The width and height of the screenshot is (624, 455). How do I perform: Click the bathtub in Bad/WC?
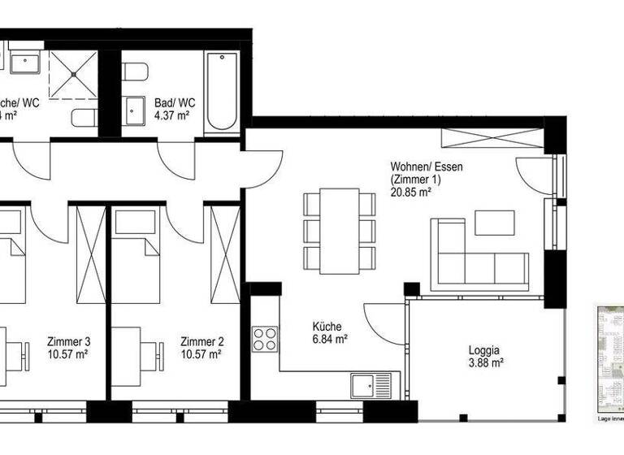[x=220, y=92]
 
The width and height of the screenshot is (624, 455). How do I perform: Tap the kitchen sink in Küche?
[x=370, y=384]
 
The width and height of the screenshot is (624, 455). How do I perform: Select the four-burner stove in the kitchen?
[x=265, y=339]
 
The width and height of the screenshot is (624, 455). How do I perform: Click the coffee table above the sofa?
[x=495, y=223]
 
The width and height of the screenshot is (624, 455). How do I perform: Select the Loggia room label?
[x=484, y=351]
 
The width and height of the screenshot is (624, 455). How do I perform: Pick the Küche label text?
[x=327, y=327]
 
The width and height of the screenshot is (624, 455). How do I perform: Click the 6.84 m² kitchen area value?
[x=331, y=339]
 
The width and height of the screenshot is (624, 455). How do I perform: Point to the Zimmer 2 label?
[x=201, y=341]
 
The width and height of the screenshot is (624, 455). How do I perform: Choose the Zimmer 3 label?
[x=69, y=341]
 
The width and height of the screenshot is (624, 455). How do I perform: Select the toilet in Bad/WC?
[x=135, y=73]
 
